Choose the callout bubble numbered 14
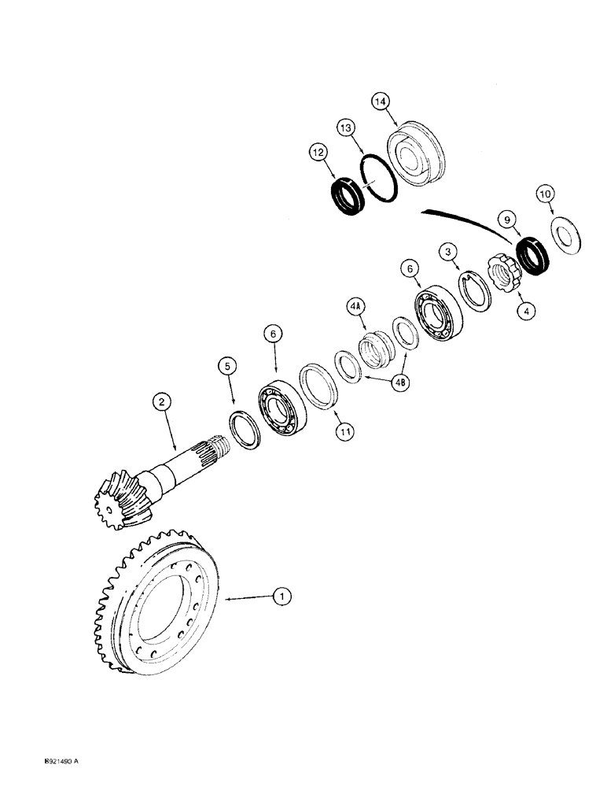click(381, 102)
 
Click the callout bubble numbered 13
click(348, 128)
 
